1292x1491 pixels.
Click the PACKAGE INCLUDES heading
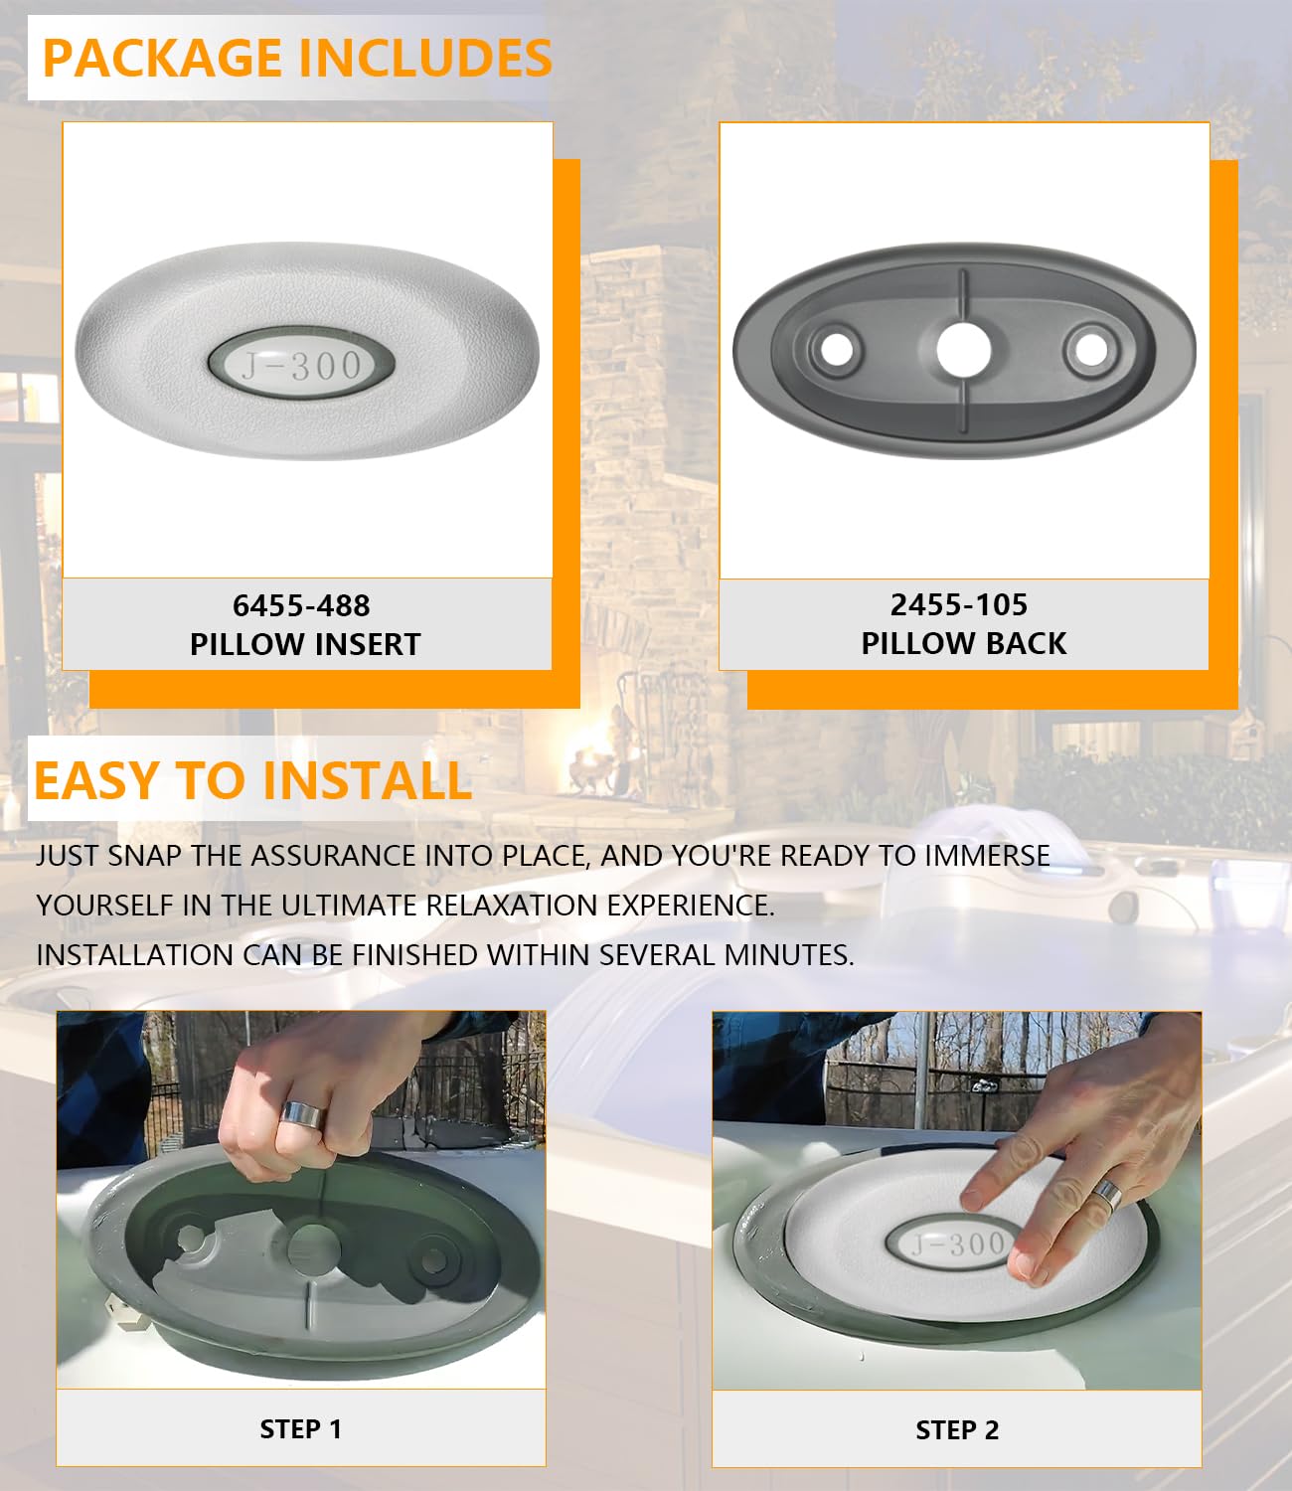[297, 58]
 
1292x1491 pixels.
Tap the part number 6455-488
[301, 606]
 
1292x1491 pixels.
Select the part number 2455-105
[959, 605]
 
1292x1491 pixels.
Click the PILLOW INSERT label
[305, 644]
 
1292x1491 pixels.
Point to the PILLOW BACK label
[964, 643]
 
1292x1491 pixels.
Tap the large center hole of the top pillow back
[964, 349]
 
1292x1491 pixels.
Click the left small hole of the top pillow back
[837, 350]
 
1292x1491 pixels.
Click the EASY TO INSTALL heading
[252, 780]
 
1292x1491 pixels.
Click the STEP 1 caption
[301, 1429]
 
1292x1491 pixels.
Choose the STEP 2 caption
[957, 1429]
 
